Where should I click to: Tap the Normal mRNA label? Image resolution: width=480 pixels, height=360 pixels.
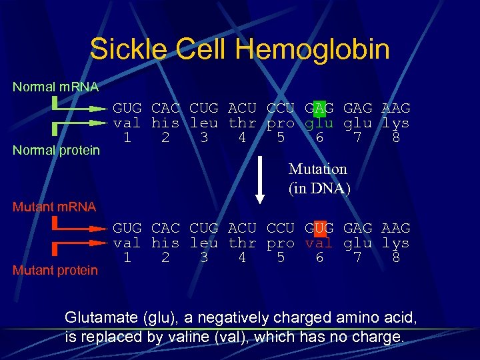pos(55,87)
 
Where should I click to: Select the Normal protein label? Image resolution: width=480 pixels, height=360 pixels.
pos(56,150)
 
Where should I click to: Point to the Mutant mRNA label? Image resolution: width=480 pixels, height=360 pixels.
pos(54,207)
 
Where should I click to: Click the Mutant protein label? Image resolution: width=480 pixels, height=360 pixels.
pos(55,270)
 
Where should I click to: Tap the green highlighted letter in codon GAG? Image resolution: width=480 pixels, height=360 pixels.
pos(319,108)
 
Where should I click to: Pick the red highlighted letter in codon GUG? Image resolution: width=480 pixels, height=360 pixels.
pos(319,228)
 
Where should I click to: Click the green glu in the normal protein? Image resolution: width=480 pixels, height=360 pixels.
pos(319,123)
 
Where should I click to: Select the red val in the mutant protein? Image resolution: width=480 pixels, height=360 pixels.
pos(319,243)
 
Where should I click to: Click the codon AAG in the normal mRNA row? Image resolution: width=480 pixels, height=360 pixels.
pos(395,108)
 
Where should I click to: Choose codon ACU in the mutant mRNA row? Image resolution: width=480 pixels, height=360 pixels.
pos(242,228)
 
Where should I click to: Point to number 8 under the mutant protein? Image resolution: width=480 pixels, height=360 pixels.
pos(396,257)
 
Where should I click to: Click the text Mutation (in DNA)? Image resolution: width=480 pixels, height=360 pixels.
pos(318,179)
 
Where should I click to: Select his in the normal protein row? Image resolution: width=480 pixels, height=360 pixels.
pos(165,123)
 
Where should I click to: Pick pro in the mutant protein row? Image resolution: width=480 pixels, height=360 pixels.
pos(280,243)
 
